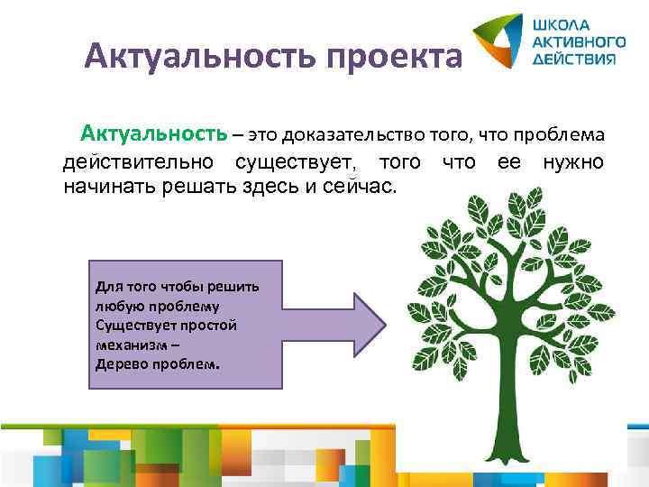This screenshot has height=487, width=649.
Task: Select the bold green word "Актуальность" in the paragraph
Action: pos(153,135)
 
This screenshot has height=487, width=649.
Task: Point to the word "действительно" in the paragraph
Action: pos(138,162)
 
